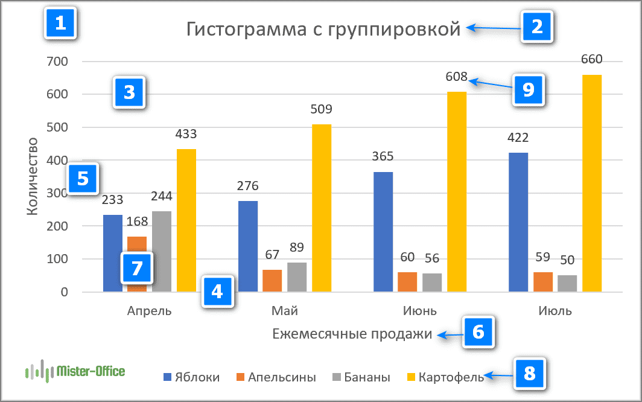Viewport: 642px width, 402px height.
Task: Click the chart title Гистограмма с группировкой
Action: (x=323, y=29)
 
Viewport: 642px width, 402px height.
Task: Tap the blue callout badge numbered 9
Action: (x=529, y=90)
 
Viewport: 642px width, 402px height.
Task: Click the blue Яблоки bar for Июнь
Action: (x=383, y=232)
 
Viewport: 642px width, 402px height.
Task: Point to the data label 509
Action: (x=322, y=110)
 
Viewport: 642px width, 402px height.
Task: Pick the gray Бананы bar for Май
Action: (x=297, y=277)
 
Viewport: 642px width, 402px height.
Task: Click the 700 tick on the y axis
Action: (x=57, y=62)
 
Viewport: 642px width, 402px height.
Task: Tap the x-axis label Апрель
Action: (x=150, y=311)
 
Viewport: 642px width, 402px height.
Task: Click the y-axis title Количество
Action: (x=34, y=176)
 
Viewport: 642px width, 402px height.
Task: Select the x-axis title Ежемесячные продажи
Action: (x=352, y=334)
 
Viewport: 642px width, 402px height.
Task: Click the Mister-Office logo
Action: (x=75, y=370)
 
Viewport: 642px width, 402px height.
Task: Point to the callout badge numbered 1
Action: (x=60, y=24)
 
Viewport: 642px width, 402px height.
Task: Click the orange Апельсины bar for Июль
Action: (x=543, y=282)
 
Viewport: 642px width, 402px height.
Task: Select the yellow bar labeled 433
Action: (x=186, y=220)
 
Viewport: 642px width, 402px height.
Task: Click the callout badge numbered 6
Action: (x=478, y=331)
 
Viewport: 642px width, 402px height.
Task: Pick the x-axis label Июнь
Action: (x=420, y=311)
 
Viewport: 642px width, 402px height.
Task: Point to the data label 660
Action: (x=591, y=59)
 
